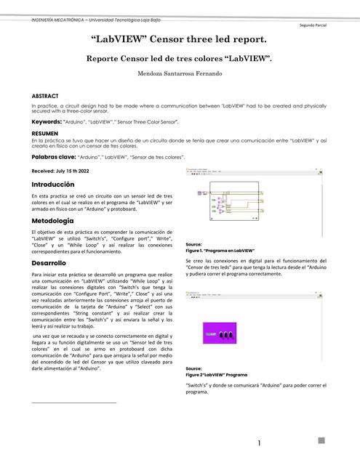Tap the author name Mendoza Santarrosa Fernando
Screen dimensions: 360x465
click(180, 74)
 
